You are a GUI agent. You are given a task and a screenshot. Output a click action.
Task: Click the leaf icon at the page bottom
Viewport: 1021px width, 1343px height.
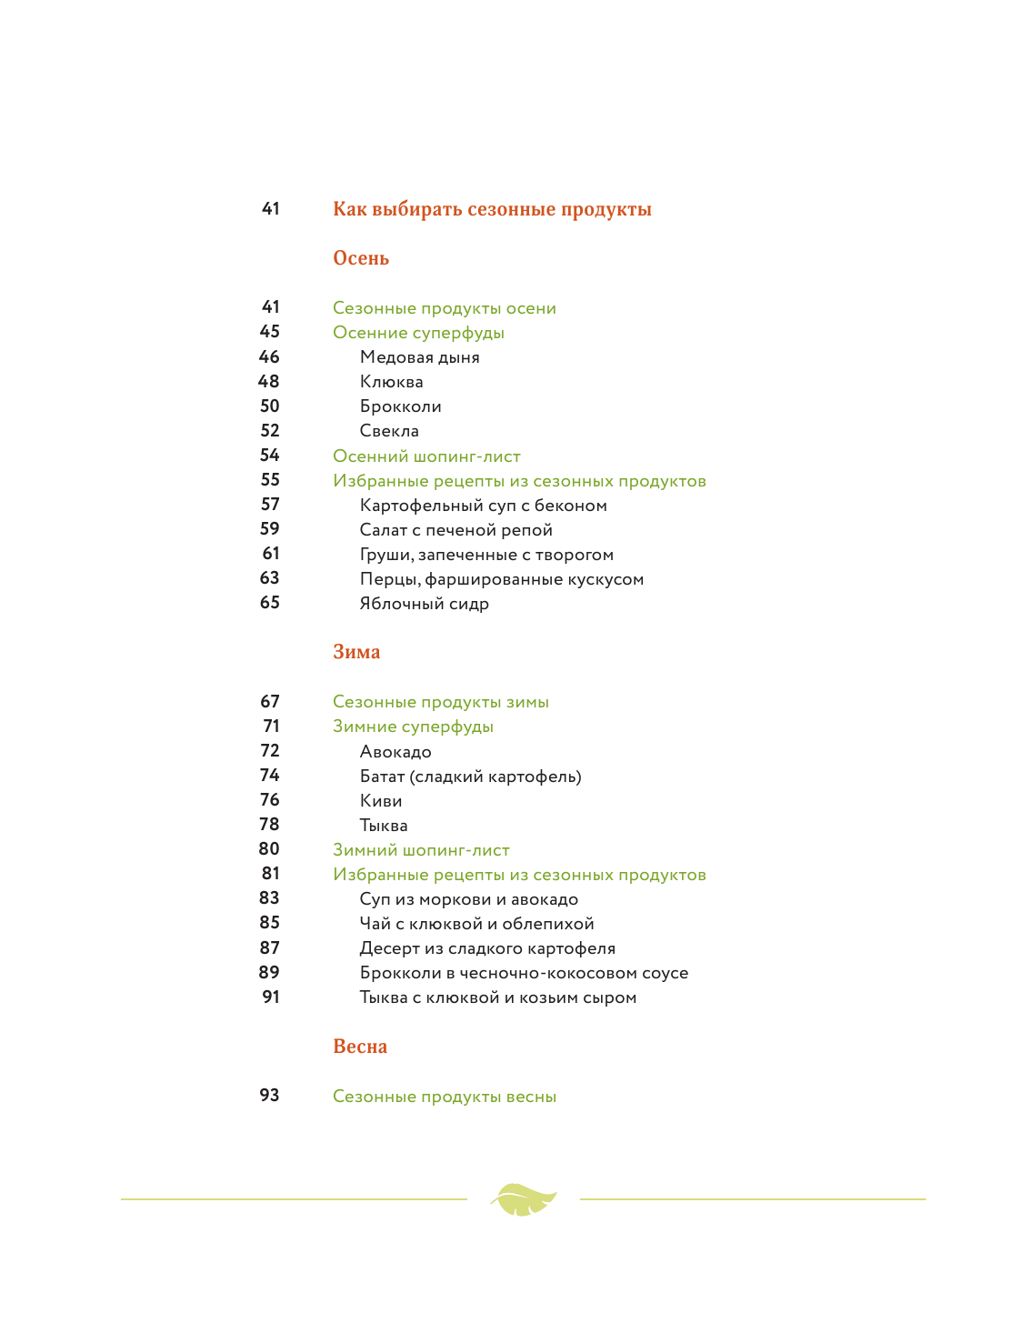(523, 1199)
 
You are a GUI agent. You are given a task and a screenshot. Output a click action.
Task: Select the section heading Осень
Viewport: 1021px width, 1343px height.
(361, 258)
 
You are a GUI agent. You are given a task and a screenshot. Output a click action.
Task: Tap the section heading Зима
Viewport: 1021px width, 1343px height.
(356, 652)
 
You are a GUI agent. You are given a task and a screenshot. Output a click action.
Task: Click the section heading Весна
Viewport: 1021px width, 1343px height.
(360, 1047)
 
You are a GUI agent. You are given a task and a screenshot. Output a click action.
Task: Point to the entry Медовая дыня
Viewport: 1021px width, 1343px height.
(419, 357)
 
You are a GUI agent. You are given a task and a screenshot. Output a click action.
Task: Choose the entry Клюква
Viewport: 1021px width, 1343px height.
(391, 382)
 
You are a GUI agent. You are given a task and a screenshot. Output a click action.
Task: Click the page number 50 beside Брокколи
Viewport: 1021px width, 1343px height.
(270, 406)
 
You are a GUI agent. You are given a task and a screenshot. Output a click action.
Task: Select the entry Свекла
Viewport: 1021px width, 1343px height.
(389, 431)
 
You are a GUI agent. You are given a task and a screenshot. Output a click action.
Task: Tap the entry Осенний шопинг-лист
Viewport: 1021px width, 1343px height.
(426, 456)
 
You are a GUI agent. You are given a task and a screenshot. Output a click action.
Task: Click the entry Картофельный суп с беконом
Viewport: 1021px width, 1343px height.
(483, 506)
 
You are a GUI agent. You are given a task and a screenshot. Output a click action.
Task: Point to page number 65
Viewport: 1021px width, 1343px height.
(270, 603)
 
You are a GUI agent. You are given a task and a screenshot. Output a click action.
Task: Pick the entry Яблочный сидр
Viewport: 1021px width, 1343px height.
(424, 604)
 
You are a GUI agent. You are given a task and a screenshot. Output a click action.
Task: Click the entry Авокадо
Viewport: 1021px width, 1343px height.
(395, 752)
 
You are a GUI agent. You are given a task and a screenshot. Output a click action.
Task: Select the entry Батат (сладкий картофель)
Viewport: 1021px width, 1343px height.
(470, 777)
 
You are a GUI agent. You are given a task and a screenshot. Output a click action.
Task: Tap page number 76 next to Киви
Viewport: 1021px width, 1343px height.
(270, 800)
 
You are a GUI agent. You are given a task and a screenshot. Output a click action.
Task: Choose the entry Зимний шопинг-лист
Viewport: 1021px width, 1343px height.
(421, 850)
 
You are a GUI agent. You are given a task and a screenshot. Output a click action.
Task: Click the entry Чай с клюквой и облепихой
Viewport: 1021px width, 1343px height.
(476, 924)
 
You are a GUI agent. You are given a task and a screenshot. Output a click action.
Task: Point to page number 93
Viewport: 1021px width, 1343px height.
(270, 1096)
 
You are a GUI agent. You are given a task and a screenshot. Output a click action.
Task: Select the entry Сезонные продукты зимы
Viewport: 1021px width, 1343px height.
(441, 702)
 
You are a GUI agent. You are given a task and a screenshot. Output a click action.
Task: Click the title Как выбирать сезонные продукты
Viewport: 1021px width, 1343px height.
(492, 209)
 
